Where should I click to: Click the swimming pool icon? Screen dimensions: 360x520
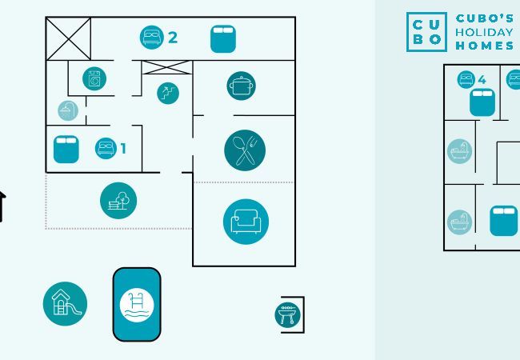point(136,304)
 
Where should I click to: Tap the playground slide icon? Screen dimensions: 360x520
point(65,304)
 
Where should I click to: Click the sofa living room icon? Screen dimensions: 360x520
point(246,222)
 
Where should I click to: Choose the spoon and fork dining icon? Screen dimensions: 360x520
point(245,149)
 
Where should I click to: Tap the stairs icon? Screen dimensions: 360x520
point(167,93)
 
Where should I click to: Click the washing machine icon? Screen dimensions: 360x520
point(94,78)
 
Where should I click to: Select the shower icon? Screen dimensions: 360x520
point(68,110)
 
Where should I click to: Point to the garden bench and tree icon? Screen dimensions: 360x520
point(118,200)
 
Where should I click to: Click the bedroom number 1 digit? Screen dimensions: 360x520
point(123,148)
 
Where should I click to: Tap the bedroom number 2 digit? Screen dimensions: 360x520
point(172,37)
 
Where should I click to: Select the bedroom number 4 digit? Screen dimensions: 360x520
point(482,79)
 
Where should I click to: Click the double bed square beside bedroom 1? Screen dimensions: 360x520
point(66,149)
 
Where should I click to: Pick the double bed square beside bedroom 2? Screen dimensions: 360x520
point(223,38)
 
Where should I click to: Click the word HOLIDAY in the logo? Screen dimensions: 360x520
point(483,32)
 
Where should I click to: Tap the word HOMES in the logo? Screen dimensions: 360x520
point(485,46)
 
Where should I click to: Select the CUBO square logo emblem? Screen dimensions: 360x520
point(426,32)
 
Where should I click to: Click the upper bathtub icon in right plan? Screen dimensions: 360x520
point(460,151)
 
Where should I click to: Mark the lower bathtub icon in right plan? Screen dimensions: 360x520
point(460,222)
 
